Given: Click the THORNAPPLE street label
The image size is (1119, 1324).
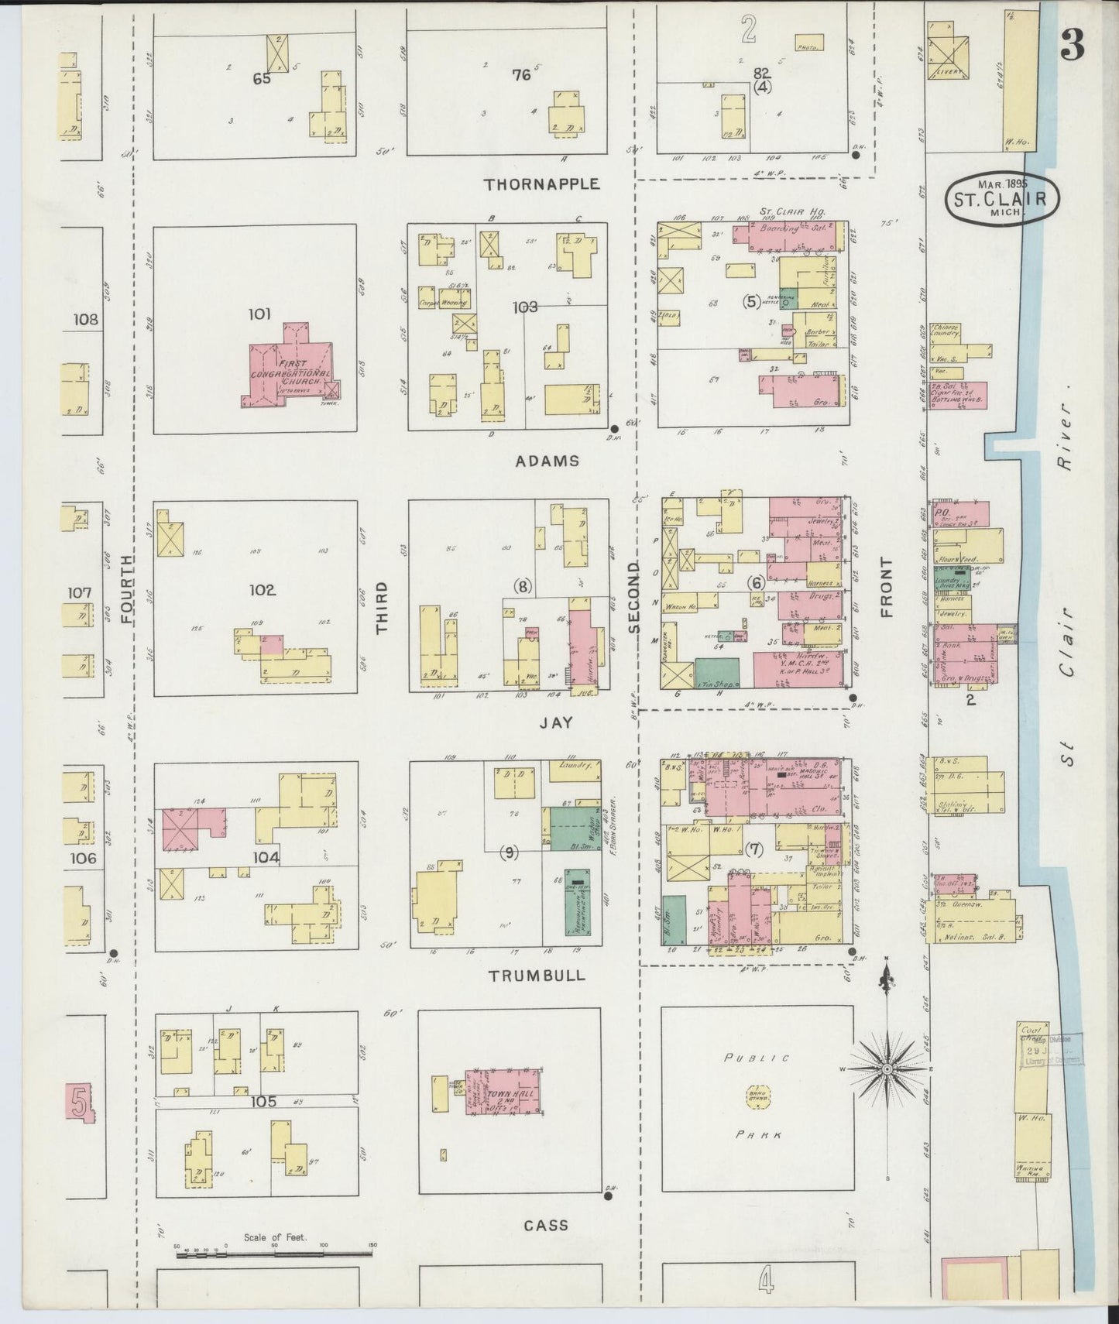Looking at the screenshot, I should click(x=542, y=184).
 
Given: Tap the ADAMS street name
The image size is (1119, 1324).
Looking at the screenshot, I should click(x=547, y=461).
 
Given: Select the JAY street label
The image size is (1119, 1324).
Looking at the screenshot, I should click(x=556, y=722).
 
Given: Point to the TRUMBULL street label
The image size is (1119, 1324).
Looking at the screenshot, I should click(x=537, y=976).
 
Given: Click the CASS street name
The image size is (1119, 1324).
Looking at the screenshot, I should click(x=546, y=1225).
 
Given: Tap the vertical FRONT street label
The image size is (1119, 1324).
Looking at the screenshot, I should click(x=886, y=587).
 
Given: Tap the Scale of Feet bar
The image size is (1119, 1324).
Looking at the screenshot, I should click(x=275, y=1251).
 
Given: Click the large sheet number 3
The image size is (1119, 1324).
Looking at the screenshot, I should click(x=1072, y=48).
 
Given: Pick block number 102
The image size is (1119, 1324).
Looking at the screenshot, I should click(x=262, y=590).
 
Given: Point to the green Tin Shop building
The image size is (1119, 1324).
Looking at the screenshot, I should click(x=717, y=673).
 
